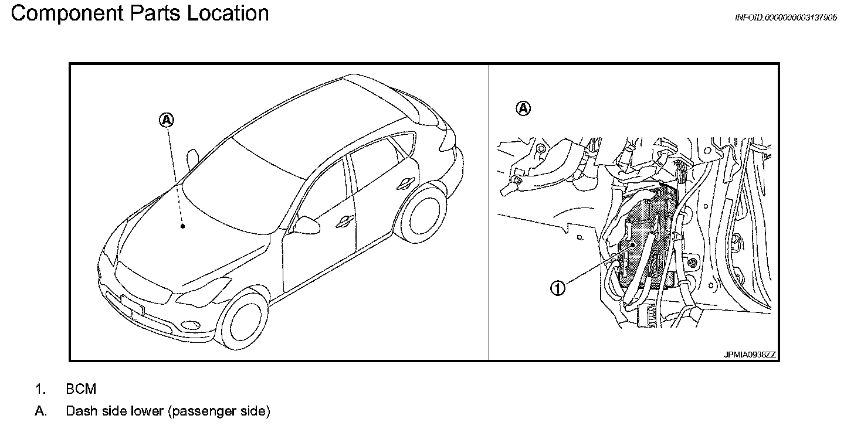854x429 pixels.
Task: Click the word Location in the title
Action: click(228, 13)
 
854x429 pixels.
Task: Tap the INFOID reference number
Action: click(785, 18)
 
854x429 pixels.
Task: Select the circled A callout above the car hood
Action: click(167, 120)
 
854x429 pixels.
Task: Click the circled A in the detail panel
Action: click(523, 108)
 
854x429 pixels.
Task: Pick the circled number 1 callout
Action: click(558, 287)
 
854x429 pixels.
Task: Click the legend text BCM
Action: click(81, 389)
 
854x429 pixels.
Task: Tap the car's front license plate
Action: click(133, 305)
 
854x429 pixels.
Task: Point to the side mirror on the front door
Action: click(306, 224)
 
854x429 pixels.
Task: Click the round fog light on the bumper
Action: click(189, 324)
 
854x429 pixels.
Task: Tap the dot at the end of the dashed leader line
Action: click(183, 226)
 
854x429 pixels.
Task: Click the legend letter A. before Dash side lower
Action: click(40, 411)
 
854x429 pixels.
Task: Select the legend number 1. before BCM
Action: click(40, 389)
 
